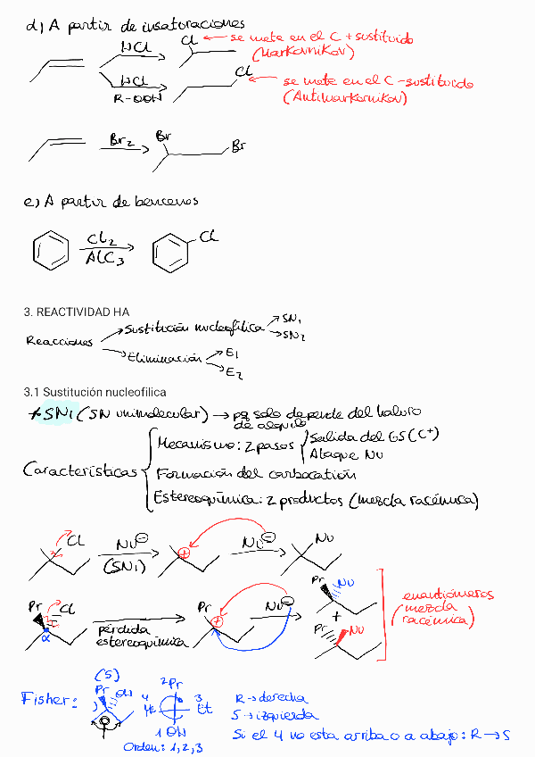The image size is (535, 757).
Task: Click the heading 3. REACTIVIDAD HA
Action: point(77,312)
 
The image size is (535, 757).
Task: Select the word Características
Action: point(79,471)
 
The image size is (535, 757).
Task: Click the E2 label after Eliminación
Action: point(233,371)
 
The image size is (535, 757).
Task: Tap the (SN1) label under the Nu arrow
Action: point(126,566)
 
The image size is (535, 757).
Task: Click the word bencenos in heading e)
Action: point(167,203)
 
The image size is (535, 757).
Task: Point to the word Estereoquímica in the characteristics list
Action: point(204,498)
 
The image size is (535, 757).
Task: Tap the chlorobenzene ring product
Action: point(169,251)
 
